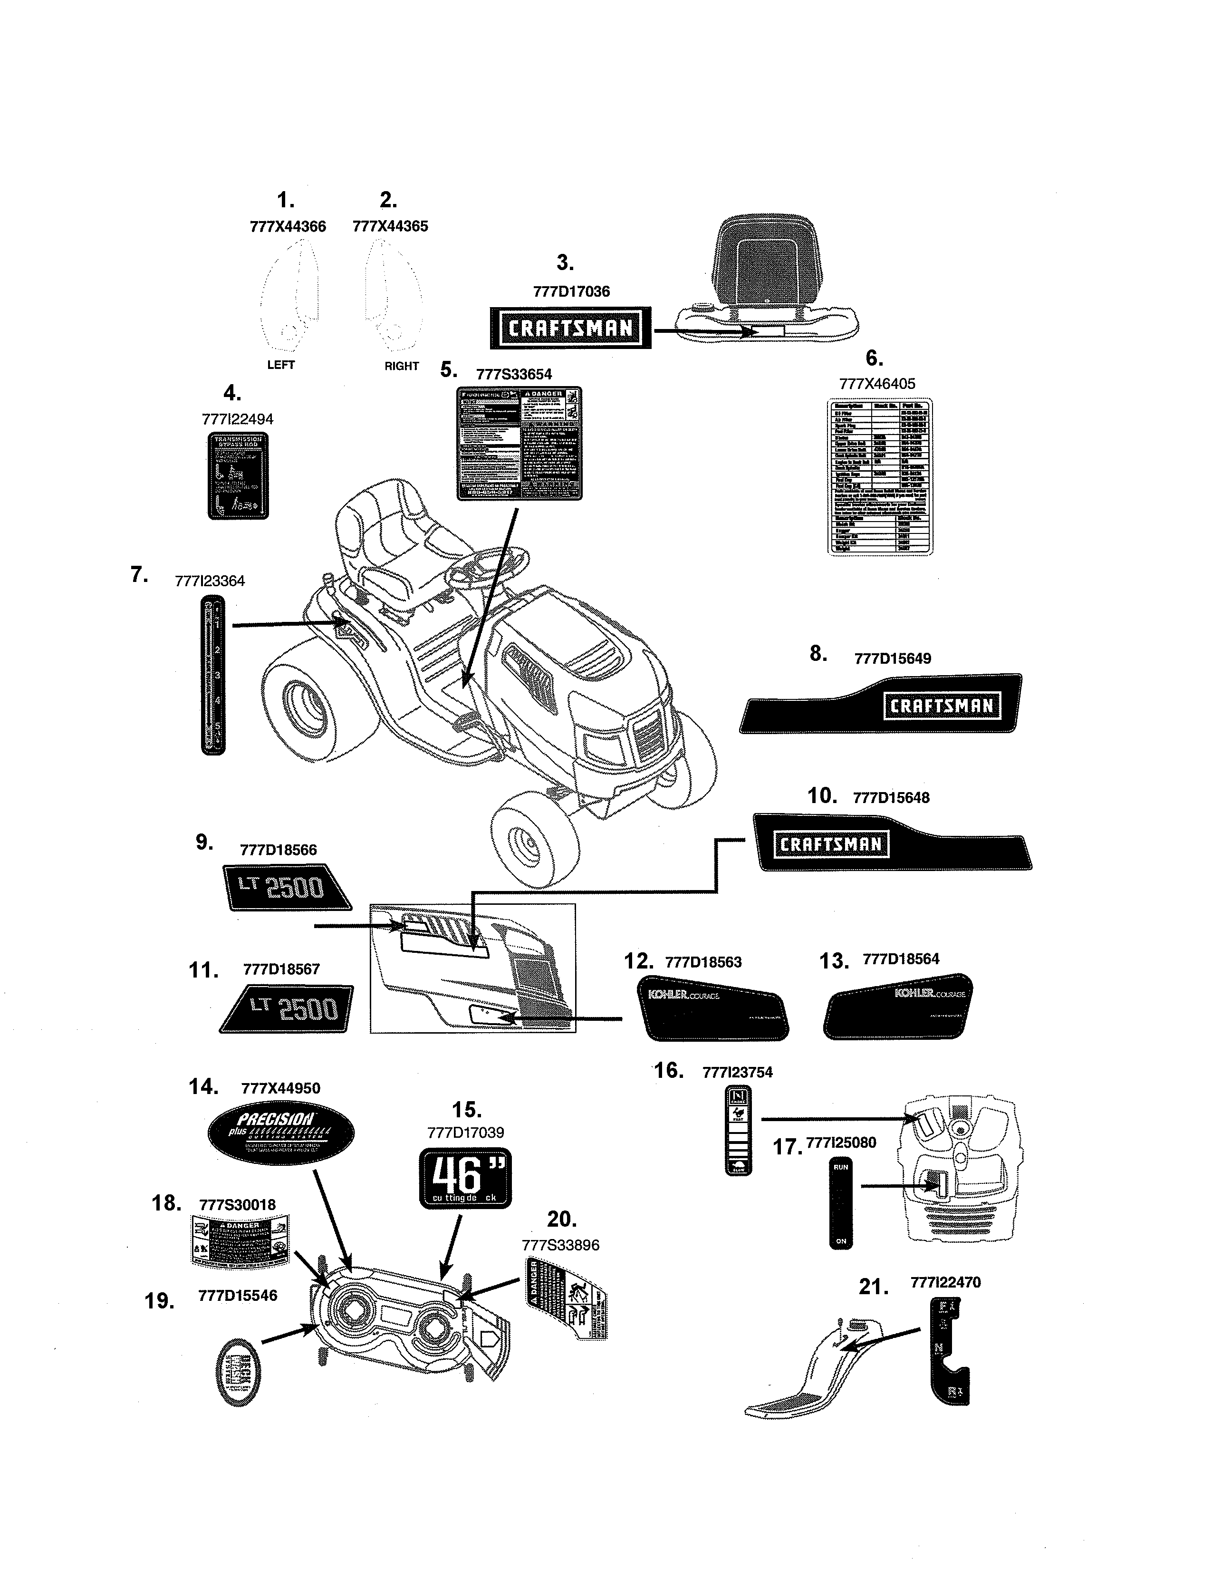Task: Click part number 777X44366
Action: (287, 227)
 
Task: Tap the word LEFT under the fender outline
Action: (281, 365)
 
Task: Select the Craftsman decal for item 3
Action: (570, 329)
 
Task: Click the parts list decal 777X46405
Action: (880, 477)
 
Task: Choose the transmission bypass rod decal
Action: (238, 475)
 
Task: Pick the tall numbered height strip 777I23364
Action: (213, 675)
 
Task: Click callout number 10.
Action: (821, 796)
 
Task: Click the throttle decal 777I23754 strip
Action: (738, 1131)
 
